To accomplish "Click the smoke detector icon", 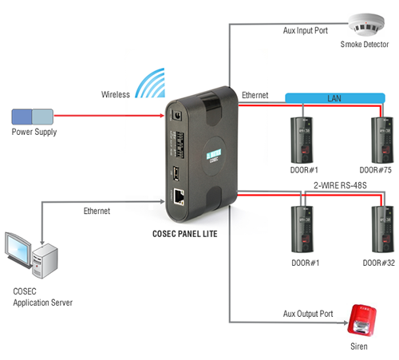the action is pyautogui.click(x=366, y=25).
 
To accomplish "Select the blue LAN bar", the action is pyautogui.click(x=335, y=98).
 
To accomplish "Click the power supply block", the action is pyautogui.click(x=33, y=117).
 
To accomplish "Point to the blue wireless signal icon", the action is pyautogui.click(x=150, y=83).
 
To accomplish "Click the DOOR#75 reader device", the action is pyautogui.click(x=382, y=140).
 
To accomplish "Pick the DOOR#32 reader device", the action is pyautogui.click(x=382, y=229).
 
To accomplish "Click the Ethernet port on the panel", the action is pyautogui.click(x=179, y=196).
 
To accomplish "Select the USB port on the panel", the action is pyautogui.click(x=176, y=173).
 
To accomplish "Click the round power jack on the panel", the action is pyautogui.click(x=177, y=116).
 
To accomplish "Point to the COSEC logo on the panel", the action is pyautogui.click(x=214, y=156).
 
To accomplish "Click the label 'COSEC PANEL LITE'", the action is pyautogui.click(x=185, y=234).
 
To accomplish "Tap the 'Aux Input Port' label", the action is pyautogui.click(x=306, y=30).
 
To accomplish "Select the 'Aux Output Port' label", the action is pyautogui.click(x=308, y=314).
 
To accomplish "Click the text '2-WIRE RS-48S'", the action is pyautogui.click(x=340, y=185).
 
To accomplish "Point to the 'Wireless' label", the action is pyautogui.click(x=116, y=94).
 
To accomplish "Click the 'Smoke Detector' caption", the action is pyautogui.click(x=365, y=44).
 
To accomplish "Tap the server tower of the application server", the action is pyautogui.click(x=45, y=260).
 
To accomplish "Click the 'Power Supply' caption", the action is pyautogui.click(x=34, y=132).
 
